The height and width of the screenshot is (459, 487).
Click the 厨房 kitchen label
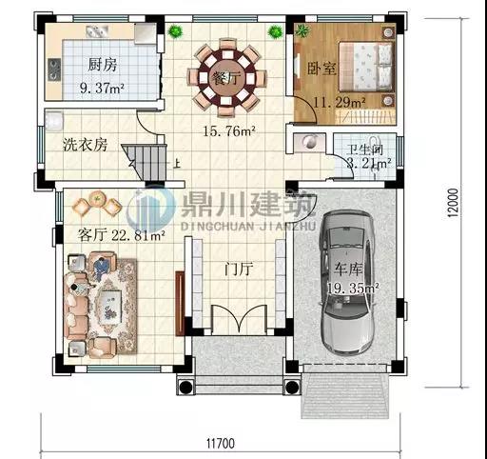click(102, 65)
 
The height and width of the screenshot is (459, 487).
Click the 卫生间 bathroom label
click(363, 150)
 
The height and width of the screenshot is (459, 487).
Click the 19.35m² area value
click(354, 286)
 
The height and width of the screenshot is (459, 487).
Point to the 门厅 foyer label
click(236, 269)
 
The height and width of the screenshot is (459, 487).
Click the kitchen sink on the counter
click(54, 69)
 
